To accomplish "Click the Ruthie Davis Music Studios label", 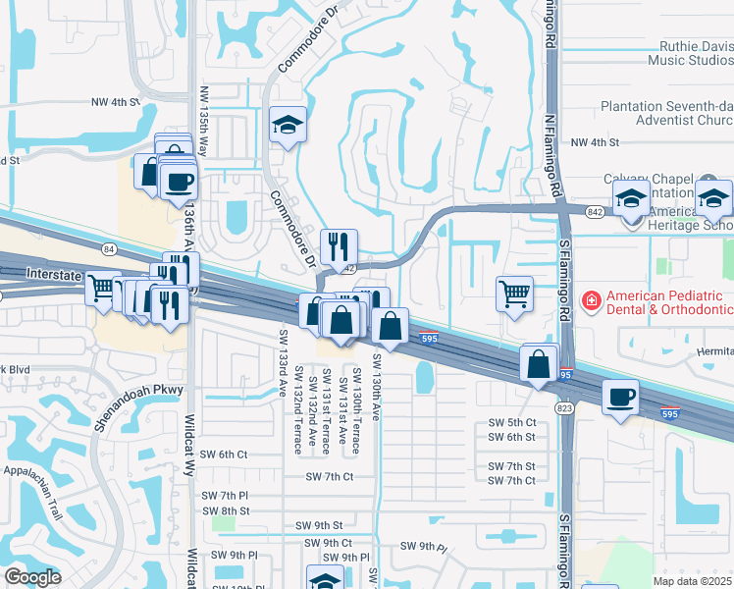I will click(691, 53).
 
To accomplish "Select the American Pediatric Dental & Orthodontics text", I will click(669, 302).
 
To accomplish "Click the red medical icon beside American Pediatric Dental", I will click(592, 297).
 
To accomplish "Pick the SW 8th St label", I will click(225, 510).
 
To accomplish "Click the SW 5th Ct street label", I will click(512, 422).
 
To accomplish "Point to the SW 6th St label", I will click(512, 437).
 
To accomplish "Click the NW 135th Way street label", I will click(204, 120).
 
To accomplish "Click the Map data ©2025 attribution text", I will click(691, 581).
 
